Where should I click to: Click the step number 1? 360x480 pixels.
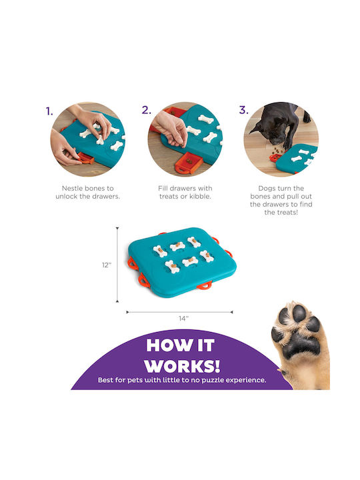click(49, 111)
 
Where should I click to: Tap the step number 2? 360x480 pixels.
click(146, 110)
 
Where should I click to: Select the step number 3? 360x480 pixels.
click(244, 110)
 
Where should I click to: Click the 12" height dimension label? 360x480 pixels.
click(107, 265)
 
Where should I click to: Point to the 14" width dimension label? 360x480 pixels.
click(183, 319)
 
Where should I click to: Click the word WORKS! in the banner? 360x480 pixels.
click(183, 366)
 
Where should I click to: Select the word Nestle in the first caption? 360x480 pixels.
click(72, 188)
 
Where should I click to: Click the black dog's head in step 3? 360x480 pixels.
click(272, 131)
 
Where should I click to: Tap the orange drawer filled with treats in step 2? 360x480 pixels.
click(189, 163)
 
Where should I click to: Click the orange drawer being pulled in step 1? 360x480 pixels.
click(85, 158)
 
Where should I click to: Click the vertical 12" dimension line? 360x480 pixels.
click(117, 265)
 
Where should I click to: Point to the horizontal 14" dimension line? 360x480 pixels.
click(180, 312)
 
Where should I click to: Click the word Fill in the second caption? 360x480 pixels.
click(163, 188)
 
